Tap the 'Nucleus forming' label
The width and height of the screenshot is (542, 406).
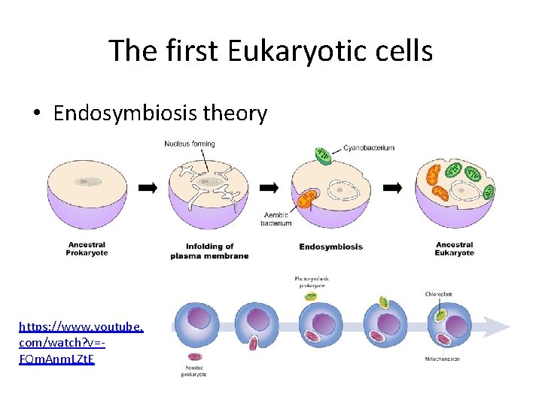click(190, 144)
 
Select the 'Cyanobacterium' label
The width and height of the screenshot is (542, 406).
click(369, 148)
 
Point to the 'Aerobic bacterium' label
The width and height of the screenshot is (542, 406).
click(276, 219)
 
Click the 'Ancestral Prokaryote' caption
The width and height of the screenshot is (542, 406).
click(87, 248)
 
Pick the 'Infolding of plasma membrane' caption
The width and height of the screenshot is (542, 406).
click(209, 251)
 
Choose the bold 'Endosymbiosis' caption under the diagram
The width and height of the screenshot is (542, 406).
click(330, 247)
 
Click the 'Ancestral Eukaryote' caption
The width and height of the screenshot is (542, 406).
click(454, 248)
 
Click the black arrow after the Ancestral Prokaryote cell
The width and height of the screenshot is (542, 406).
click(148, 188)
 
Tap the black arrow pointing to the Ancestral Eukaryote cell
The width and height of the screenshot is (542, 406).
click(392, 188)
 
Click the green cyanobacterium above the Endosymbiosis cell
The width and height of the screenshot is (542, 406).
click(324, 156)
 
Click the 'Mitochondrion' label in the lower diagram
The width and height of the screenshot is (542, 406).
click(442, 359)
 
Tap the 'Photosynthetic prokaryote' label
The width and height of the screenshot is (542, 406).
click(312, 282)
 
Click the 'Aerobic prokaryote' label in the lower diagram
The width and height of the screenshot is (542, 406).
click(194, 370)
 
